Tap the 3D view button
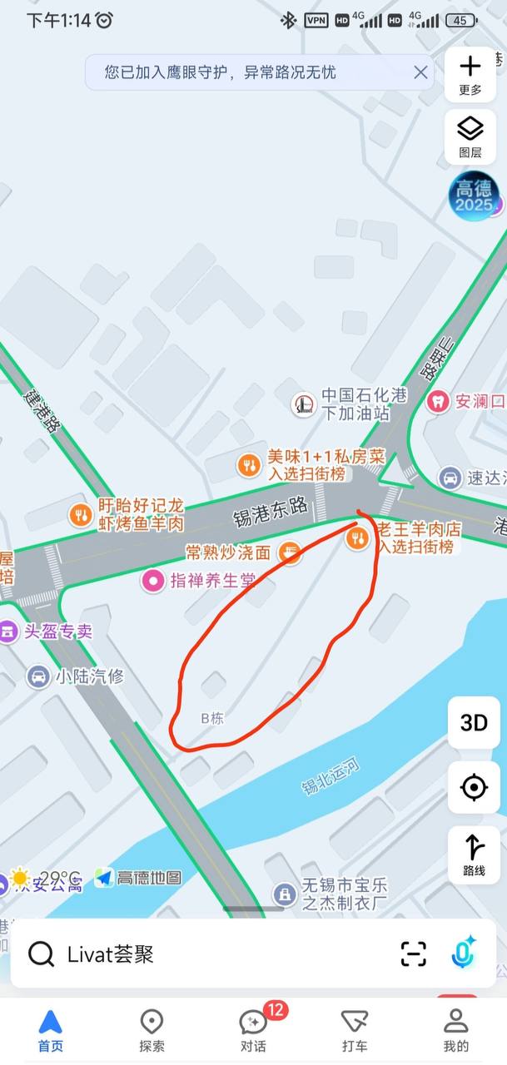474,722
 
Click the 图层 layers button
470,136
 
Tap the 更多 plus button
470,73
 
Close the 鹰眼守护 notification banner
420,72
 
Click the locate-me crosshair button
474,786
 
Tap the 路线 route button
474,854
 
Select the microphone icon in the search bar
463,954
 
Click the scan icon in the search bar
413,954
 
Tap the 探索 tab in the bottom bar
152,1030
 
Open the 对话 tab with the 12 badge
253,1030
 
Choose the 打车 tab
355,1030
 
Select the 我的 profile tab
455,1030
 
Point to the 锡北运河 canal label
331,775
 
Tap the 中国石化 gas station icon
303,404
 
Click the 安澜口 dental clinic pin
437,401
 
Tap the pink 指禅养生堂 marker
152,581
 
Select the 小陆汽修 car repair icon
38,676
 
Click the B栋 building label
212,717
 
